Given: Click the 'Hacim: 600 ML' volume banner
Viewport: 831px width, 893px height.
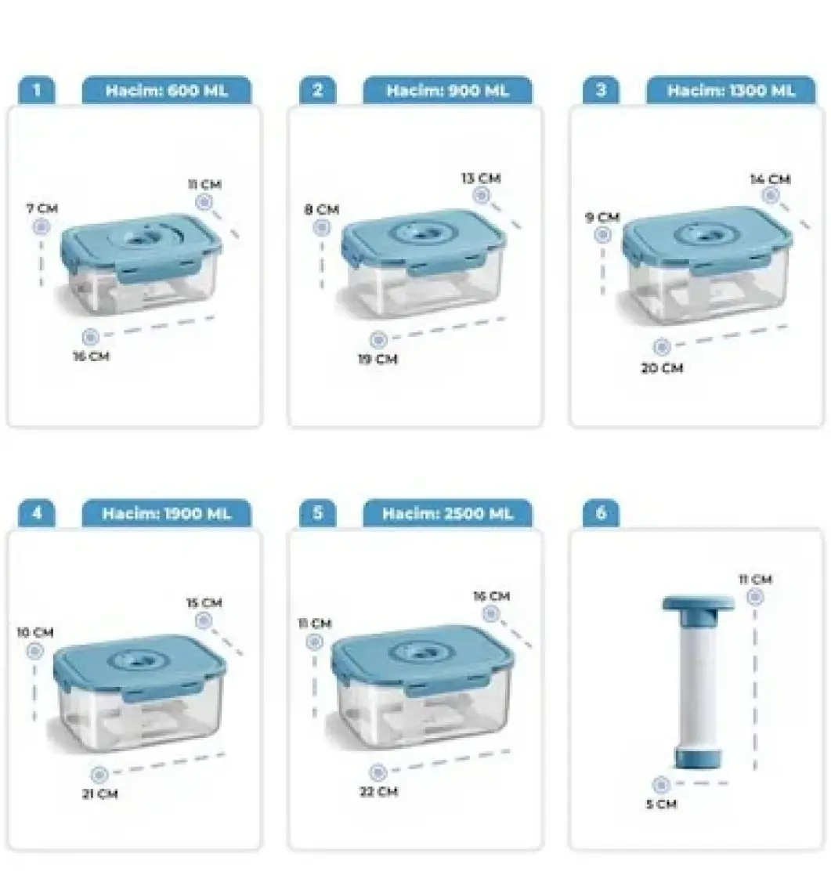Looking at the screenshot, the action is point(166,90).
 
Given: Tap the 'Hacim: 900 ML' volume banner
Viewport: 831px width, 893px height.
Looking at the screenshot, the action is point(448,90).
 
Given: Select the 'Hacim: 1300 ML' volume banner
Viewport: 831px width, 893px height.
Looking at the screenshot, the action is point(731,90).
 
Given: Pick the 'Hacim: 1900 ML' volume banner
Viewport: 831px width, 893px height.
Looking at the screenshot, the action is point(166,513).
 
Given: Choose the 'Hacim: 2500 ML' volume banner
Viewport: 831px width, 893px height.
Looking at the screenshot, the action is point(448,513).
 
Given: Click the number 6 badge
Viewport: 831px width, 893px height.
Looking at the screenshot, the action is point(601,513).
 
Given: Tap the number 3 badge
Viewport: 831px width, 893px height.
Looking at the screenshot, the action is point(601,90).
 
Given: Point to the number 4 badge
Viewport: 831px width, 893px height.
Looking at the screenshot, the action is point(37,513).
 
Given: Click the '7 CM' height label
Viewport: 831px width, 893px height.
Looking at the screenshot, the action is point(42,208).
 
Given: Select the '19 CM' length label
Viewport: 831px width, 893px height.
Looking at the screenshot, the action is point(378,360).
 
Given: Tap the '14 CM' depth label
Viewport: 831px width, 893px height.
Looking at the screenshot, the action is point(770,179).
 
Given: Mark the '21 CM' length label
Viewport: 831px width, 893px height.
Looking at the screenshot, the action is point(99,794).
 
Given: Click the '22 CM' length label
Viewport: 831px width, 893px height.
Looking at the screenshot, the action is point(379,792).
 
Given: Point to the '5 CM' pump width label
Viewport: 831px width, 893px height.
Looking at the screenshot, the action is point(661,804).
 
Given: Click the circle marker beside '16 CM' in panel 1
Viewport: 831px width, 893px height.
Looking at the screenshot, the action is point(91,337).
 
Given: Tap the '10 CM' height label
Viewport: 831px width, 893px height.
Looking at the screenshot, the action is point(34,632).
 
